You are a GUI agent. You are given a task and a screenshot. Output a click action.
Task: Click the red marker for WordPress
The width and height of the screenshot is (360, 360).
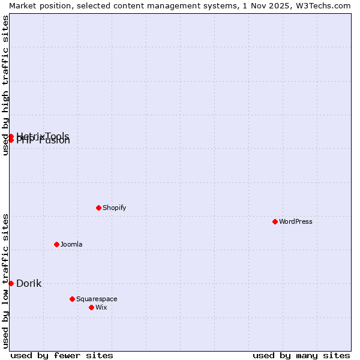275,221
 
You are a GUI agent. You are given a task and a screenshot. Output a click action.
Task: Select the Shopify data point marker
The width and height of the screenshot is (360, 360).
98,208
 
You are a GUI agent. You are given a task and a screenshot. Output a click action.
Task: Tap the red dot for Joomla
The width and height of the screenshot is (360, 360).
56,244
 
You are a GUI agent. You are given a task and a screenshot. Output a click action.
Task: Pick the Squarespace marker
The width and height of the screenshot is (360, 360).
72,299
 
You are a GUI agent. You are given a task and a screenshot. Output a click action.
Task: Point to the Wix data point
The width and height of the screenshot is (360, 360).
91,307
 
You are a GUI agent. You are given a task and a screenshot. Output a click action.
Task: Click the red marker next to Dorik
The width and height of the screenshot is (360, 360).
11,283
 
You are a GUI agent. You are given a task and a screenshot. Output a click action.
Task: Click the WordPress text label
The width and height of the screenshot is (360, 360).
296,221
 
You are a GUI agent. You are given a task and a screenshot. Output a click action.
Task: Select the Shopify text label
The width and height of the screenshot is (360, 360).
114,208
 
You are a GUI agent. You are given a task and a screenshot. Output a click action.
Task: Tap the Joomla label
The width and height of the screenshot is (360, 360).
71,244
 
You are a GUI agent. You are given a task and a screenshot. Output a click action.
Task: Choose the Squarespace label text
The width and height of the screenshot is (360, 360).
97,299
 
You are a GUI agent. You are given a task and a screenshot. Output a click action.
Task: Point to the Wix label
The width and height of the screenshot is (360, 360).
101,307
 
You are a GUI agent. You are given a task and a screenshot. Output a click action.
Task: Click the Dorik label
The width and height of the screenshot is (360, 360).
29,283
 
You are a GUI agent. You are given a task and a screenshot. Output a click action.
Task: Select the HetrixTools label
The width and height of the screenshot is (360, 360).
43,135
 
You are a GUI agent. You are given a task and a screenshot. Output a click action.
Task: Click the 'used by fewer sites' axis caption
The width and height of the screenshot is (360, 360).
62,355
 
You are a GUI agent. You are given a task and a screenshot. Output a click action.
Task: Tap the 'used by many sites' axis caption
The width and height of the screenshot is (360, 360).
301,355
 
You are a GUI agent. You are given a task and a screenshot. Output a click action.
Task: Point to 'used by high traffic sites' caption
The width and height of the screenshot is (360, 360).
5,85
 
